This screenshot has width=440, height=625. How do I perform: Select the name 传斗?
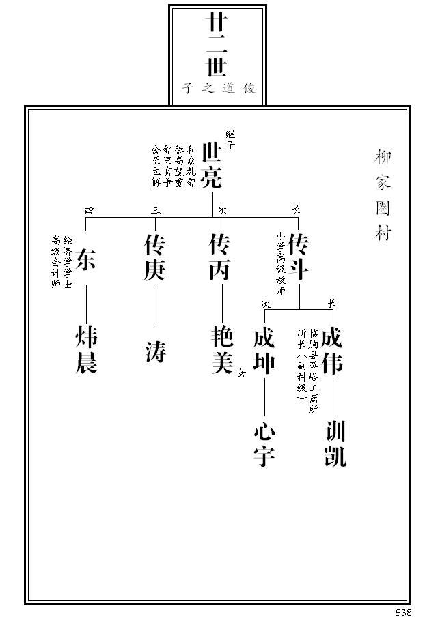coord(299,257)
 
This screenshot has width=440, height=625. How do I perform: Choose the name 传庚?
coord(155,257)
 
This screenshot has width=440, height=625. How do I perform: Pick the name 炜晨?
coord(86,351)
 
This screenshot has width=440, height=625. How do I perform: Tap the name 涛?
coord(155,351)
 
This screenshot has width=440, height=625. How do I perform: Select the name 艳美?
coord(223,351)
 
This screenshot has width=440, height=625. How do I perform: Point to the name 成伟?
coord(333,351)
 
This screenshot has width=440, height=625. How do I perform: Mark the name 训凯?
coord(335,444)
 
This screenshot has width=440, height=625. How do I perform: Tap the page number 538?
coord(403,613)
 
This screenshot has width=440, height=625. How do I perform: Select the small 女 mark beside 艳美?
coord(240,373)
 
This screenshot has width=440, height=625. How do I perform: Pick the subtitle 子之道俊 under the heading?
coord(219,89)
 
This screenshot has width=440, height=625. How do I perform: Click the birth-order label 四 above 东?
coord(89,210)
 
